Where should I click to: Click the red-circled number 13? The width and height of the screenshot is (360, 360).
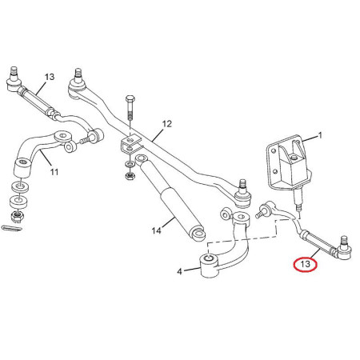(305, 264)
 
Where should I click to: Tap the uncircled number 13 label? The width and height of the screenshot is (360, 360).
(50, 77)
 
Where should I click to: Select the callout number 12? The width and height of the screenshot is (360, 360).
(167, 124)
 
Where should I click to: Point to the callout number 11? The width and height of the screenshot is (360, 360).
(54, 172)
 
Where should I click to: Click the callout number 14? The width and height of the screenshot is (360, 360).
(157, 230)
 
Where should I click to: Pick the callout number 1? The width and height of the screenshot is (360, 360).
(320, 135)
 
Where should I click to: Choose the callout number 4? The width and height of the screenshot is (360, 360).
(179, 272)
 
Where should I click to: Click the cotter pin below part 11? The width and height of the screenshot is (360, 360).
(11, 228)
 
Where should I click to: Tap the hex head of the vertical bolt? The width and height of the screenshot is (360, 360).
(130, 98)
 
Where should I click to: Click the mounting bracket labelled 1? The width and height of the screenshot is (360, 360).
(288, 162)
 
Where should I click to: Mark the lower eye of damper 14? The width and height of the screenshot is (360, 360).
(198, 234)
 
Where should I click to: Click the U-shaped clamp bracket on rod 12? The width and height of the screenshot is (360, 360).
(131, 143)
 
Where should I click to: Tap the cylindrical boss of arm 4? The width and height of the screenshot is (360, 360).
(210, 266)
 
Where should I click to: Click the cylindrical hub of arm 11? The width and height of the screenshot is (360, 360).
(22, 168)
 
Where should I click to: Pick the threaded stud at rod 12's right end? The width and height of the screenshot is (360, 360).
(242, 185)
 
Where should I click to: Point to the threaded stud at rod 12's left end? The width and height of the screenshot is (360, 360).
(78, 73)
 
